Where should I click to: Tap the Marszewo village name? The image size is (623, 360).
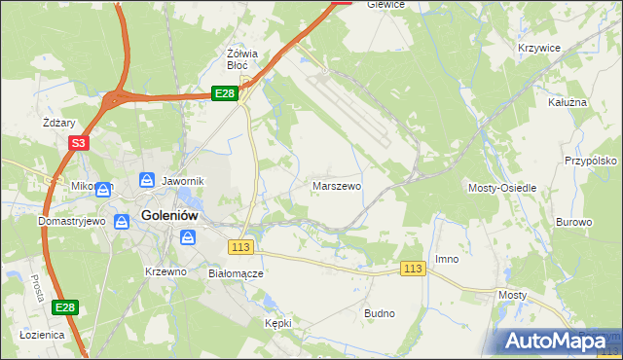[x=338, y=184]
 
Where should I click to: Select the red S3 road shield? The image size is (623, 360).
[x=79, y=142]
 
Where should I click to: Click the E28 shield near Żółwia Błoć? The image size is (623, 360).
[x=225, y=93]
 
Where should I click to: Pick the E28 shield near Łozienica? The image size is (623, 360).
[x=64, y=307]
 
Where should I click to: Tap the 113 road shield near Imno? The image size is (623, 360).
[x=413, y=269]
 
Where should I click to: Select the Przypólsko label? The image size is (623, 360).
[x=592, y=161]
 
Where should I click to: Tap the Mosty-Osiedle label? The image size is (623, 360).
[x=503, y=187]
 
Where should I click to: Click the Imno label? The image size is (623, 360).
[x=447, y=259]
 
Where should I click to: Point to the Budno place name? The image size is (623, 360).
[x=379, y=313]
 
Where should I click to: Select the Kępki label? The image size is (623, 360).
[x=278, y=322]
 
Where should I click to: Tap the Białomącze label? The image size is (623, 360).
[x=237, y=273]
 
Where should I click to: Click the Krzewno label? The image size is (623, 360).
[x=165, y=271]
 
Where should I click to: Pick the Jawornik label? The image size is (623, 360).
[x=182, y=180]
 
